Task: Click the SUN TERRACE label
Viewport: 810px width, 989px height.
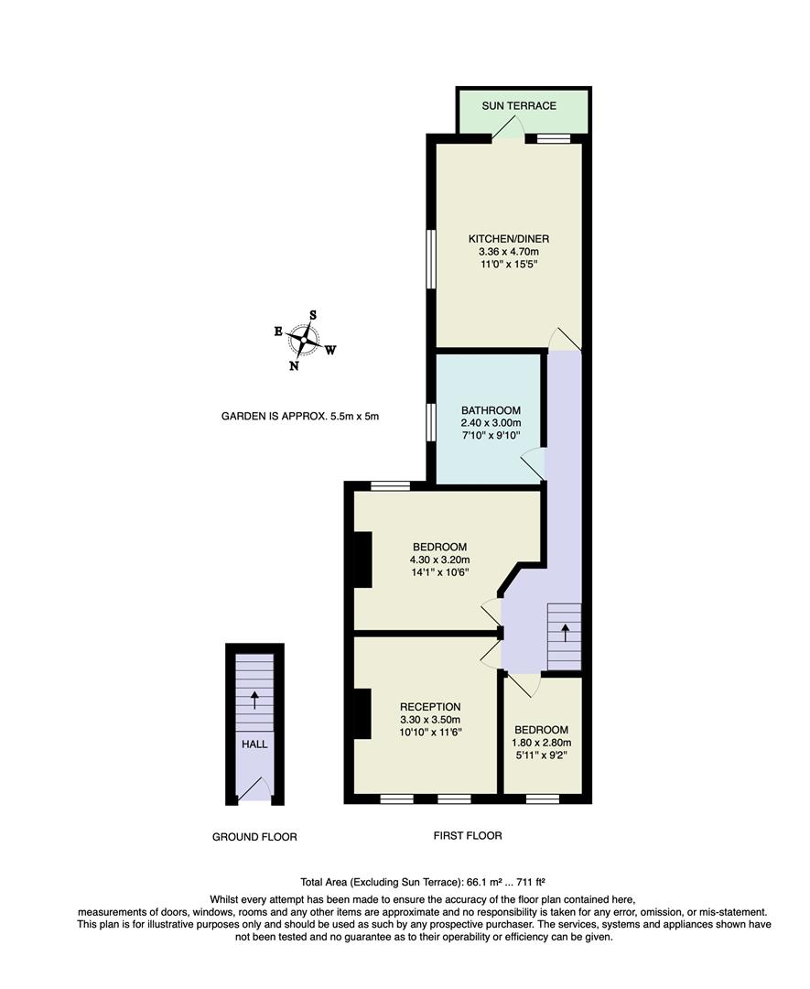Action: [519, 105]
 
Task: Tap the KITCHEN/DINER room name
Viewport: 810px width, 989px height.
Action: [508, 239]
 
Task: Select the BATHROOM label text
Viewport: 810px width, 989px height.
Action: [491, 410]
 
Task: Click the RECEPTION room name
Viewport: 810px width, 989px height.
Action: [430, 707]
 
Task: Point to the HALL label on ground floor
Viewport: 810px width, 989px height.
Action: [254, 744]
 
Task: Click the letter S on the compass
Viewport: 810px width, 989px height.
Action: [313, 315]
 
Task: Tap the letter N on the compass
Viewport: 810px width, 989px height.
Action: [294, 366]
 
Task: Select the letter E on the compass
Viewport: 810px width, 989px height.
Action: [278, 331]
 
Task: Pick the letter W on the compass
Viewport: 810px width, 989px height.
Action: [330, 349]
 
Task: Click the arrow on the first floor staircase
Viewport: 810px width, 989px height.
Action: [565, 632]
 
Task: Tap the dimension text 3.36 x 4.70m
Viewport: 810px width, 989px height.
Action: [508, 252]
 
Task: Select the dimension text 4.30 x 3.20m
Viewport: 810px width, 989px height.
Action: [439, 560]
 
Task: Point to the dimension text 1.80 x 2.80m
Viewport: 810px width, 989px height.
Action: [542, 743]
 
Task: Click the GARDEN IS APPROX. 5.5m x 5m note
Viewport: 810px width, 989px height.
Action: [299, 416]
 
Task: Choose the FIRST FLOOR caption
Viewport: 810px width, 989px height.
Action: [467, 835]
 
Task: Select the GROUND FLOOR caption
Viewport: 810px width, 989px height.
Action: [254, 836]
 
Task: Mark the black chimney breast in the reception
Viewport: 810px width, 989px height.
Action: [362, 713]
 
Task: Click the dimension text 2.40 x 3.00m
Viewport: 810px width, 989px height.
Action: [491, 423]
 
